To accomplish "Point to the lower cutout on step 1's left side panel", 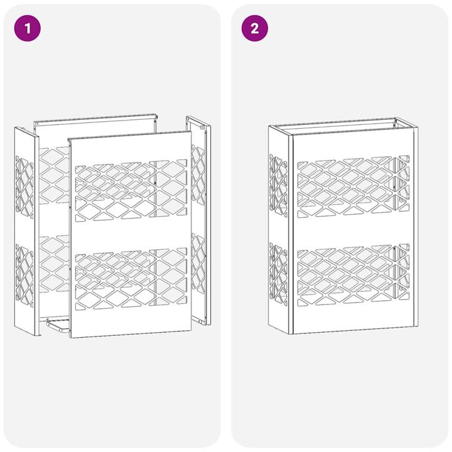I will [x=24, y=274].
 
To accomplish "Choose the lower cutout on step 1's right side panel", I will [x=198, y=264].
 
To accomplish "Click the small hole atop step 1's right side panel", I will [x=203, y=127].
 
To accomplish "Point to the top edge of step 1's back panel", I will [x=94, y=119].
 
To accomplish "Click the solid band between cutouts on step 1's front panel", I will [x=131, y=235].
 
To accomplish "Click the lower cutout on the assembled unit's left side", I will [x=278, y=273].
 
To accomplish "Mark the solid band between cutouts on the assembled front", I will [x=352, y=233].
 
